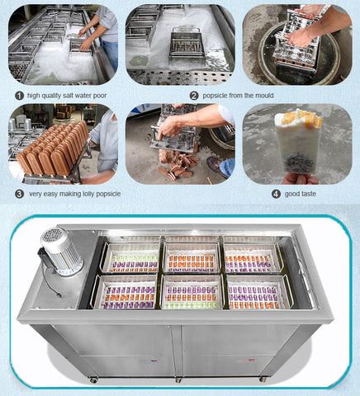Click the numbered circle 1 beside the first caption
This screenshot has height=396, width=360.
[x=19, y=96]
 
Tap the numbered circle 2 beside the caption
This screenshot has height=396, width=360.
[x=194, y=96]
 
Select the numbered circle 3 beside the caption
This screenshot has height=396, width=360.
[x=19, y=194]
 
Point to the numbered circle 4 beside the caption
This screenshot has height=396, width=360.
[x=276, y=194]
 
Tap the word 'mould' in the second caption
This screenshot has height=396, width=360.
[x=264, y=96]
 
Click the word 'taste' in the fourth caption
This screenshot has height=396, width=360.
[x=309, y=194]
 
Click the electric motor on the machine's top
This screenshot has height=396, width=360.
[x=60, y=251]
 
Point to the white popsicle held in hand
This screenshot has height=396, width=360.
[x=298, y=143]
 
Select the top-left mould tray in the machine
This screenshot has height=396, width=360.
[x=131, y=257]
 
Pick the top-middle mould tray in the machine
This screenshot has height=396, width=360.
[x=192, y=257]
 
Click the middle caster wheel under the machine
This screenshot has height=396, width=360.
[x=178, y=380]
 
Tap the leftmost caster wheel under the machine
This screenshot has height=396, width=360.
[x=93, y=380]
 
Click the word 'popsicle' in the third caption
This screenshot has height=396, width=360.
[x=108, y=194]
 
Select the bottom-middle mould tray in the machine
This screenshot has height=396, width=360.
[x=192, y=292]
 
